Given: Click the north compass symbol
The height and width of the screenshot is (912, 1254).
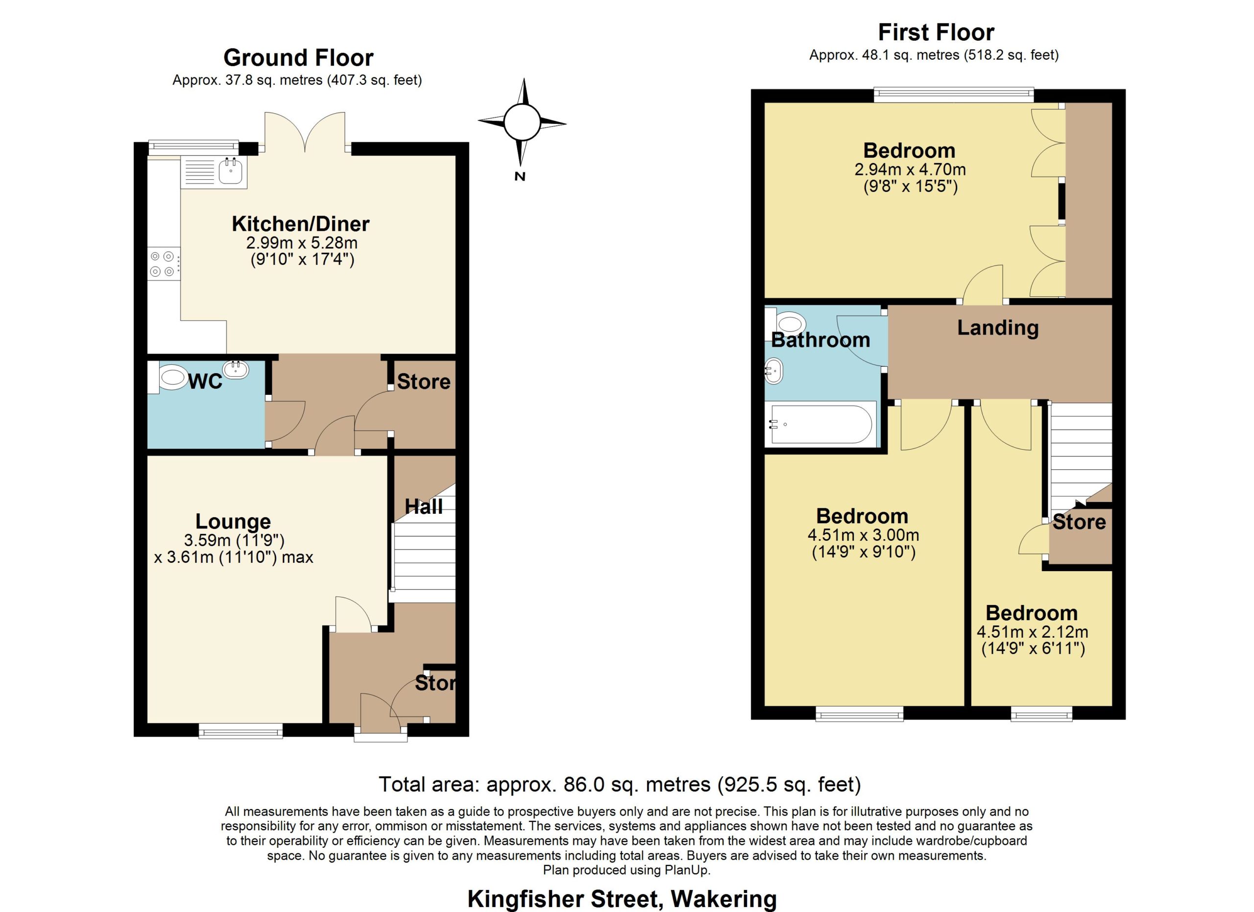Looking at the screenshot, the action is (x=522, y=123).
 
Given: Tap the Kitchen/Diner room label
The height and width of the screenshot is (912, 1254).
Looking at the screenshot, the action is (x=300, y=224).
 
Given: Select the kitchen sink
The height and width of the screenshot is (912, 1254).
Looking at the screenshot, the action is (x=214, y=172).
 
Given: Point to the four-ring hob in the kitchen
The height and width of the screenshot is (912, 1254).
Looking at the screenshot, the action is (x=164, y=264).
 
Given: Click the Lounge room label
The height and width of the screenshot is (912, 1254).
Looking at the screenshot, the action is (x=233, y=521).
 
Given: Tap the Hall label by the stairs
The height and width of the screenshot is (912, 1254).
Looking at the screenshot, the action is (x=424, y=506).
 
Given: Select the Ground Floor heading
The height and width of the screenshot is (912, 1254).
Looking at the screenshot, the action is (x=299, y=57).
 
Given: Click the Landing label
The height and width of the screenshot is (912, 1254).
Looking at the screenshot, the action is (x=998, y=328).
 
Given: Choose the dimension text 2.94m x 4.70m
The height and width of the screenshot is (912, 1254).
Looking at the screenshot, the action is (x=910, y=169).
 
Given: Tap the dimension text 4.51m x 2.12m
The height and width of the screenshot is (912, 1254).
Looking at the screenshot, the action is (x=1032, y=632).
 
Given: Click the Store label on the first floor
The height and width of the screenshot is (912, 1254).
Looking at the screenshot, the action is (x=1079, y=522).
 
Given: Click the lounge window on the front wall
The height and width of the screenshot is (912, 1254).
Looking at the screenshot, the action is (x=241, y=731).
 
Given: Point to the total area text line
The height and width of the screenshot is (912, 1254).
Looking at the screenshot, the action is (x=620, y=784).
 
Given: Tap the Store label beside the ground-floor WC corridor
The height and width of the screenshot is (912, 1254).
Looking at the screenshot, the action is (x=424, y=382).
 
